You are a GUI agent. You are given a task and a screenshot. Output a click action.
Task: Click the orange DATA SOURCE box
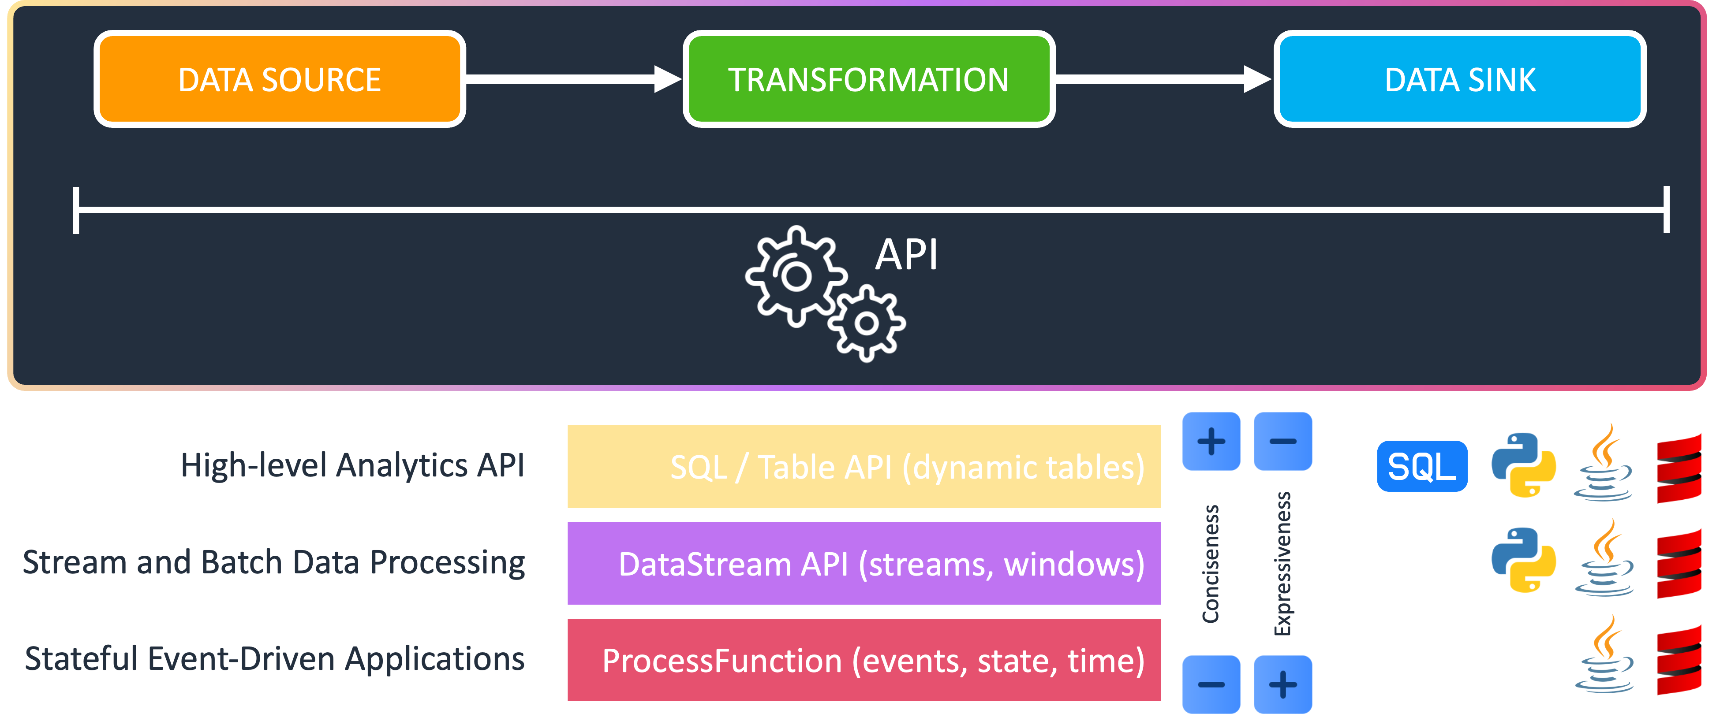click(279, 79)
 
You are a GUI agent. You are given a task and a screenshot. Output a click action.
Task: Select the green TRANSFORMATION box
click(868, 79)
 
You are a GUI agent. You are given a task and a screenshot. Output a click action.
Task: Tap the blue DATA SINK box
click(1459, 79)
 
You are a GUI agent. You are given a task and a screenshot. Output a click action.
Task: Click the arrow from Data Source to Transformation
click(573, 79)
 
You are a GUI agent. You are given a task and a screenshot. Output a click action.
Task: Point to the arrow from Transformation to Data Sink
click(1163, 79)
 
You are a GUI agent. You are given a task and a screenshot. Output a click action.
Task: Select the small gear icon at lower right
click(867, 323)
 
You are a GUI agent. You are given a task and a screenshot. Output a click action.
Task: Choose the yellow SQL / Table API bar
click(864, 467)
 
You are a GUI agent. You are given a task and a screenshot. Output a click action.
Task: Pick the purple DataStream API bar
click(864, 563)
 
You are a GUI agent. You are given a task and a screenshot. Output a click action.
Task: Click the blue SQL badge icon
click(1421, 466)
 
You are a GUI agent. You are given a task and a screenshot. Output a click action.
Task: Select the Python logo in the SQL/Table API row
click(1523, 465)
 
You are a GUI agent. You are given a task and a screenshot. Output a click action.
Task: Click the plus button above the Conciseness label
click(1211, 441)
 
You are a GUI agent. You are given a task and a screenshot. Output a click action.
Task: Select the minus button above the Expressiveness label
click(1282, 441)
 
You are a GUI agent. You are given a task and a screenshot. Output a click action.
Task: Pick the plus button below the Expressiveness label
click(1282, 684)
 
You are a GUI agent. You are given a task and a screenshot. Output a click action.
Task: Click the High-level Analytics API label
click(352, 465)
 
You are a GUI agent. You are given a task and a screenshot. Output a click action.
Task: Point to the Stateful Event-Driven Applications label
click(274, 658)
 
